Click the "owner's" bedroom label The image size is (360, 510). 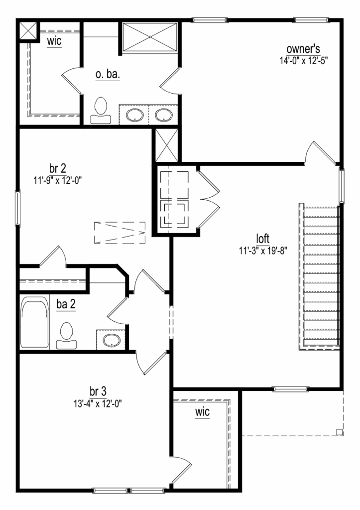click(303, 49)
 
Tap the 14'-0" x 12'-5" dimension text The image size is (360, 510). click(303, 60)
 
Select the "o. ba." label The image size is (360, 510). click(108, 74)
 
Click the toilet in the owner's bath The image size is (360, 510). click(101, 110)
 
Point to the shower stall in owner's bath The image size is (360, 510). click(150, 37)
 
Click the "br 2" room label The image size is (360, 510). click(58, 168)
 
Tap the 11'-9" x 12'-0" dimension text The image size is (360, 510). click(58, 180)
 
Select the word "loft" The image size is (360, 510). click(263, 239)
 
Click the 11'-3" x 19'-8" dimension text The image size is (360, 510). click(263, 251)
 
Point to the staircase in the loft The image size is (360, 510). click(319, 277)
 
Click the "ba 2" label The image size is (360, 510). click(66, 304)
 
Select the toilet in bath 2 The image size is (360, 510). click(66, 335)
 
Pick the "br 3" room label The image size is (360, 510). click(98, 391)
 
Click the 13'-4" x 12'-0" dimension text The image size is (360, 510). click(98, 403)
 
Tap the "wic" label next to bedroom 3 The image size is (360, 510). click(202, 412)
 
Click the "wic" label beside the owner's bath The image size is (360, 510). click(54, 41)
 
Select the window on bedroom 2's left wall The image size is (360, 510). click(17, 208)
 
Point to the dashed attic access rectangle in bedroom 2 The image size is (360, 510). click(120, 233)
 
